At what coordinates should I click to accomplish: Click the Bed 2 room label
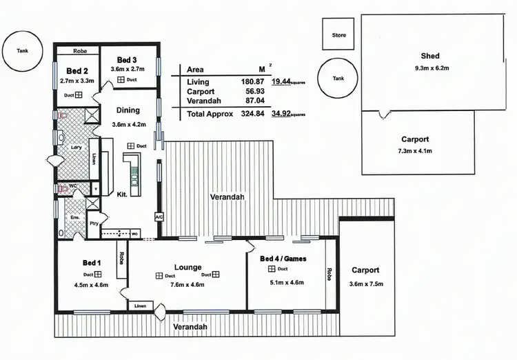coord(76,70)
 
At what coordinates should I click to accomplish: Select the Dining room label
coord(128,110)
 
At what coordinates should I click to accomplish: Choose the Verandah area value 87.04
coord(247,100)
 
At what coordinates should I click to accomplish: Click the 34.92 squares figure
coord(281,114)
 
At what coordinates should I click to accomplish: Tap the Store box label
coord(339,35)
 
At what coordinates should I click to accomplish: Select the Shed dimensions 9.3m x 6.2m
coord(430,68)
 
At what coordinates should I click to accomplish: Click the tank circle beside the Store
coord(338,79)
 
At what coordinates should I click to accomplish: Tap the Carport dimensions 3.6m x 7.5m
coord(365,283)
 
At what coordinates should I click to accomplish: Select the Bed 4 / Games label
coord(283,259)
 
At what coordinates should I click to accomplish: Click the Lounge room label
coord(188,268)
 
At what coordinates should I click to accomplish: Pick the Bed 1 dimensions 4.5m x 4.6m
coord(90,284)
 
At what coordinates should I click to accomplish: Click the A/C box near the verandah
coord(158,217)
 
